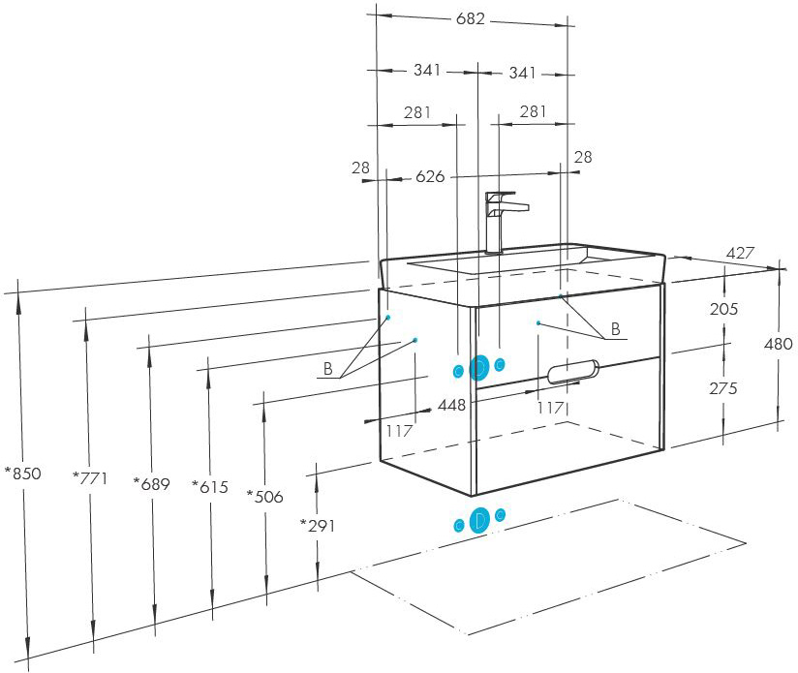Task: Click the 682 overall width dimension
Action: [x=471, y=18]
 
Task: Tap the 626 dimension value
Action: [x=430, y=176]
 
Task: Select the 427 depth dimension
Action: [x=740, y=253]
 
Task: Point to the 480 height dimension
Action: [x=779, y=344]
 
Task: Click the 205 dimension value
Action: [x=723, y=309]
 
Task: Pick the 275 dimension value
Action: [x=723, y=388]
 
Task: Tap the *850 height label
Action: [x=23, y=474]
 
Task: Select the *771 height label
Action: [x=90, y=478]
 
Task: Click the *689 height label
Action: [x=152, y=484]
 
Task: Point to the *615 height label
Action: [x=210, y=487]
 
